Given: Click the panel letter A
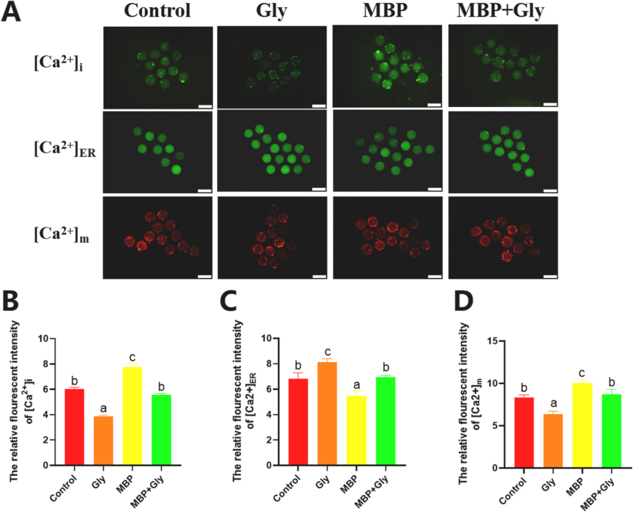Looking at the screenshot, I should (13, 13).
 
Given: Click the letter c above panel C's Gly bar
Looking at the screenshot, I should (328, 350).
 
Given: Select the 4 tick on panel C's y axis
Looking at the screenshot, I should (268, 415).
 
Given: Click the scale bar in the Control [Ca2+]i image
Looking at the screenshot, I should (205, 106).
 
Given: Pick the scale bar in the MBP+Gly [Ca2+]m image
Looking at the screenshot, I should (551, 274).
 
